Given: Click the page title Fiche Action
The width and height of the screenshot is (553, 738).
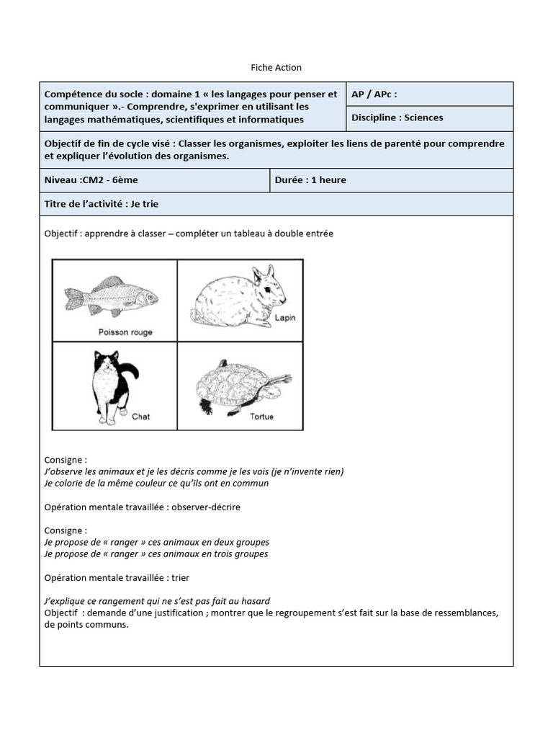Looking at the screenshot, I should pos(276,68).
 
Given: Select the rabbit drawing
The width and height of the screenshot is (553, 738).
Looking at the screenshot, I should pos(238,297).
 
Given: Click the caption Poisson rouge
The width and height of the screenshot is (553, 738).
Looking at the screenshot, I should pos(125,332).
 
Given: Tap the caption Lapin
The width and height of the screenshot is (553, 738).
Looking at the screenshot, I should pos(284,317).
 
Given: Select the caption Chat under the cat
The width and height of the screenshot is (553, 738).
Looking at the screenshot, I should pos(140,417).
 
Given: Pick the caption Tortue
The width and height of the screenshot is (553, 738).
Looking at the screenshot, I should pos(261,417).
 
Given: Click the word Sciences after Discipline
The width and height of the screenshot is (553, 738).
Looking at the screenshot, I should pos(424,117).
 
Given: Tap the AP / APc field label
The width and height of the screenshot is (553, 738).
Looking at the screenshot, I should pos(374,94).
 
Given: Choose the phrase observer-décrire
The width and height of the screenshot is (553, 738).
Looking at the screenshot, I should pos(206,507).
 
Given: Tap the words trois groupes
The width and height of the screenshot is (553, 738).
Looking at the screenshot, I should pos(241,553).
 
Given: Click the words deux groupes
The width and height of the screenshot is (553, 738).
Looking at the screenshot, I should pos(243,542).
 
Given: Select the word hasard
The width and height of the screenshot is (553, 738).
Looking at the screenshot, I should pos(255,600).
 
